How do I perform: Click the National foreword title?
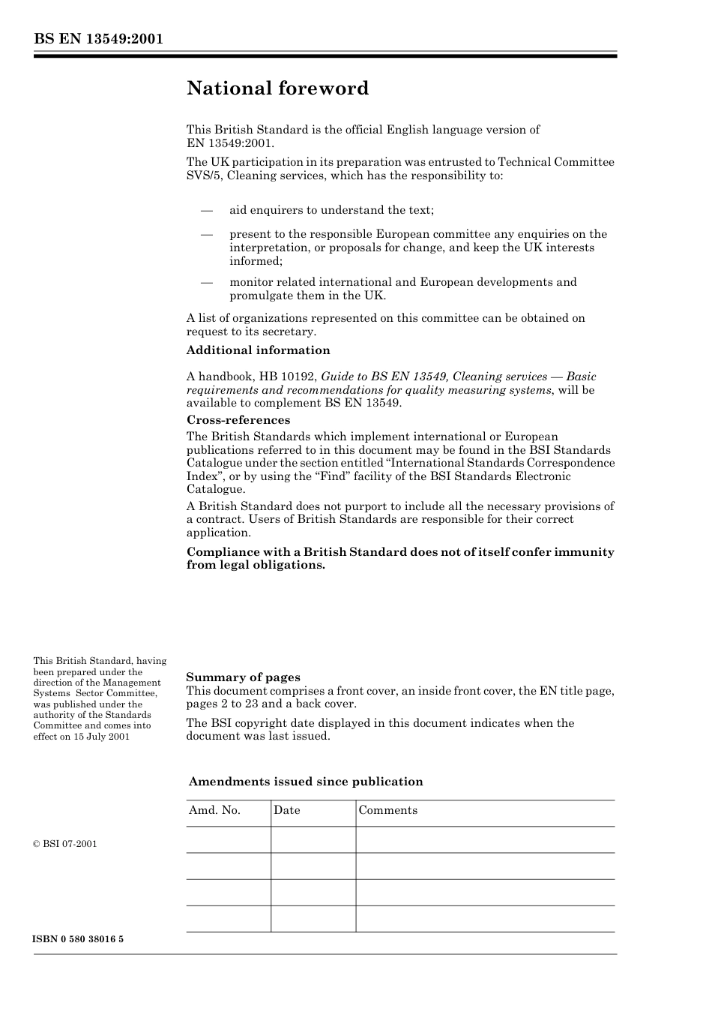point(277,89)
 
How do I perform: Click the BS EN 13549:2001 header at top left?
point(98,39)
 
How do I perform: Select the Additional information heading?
point(258,350)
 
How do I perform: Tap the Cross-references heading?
point(238,420)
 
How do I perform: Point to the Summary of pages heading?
point(243,677)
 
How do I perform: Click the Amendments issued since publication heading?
point(306,782)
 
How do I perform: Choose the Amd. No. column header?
point(214,810)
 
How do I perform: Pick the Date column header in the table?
point(286,810)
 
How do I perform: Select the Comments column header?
point(387,810)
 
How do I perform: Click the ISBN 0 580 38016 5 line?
point(79,939)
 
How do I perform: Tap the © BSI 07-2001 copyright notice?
point(65,844)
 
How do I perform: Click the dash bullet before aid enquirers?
point(207,210)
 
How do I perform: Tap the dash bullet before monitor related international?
point(207,282)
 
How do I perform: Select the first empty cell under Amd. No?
point(229,840)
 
